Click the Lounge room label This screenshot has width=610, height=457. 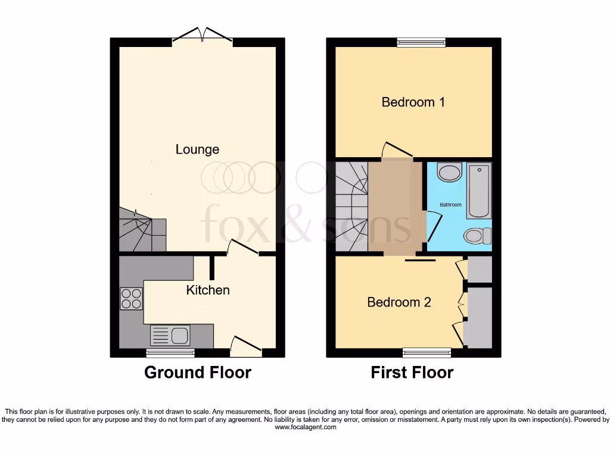(x=197, y=149)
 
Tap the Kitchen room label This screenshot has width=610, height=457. (x=208, y=290)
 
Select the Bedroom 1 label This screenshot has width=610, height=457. (x=413, y=102)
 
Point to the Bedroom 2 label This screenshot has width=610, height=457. (x=399, y=302)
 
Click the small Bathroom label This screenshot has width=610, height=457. (x=450, y=205)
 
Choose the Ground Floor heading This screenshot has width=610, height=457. (x=198, y=373)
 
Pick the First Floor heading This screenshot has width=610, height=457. (x=412, y=373)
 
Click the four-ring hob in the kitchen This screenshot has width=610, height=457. (x=131, y=299)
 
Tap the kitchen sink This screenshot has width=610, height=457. (x=170, y=336)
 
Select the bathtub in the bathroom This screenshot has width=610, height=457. (x=479, y=190)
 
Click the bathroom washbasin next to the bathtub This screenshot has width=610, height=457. (x=449, y=173)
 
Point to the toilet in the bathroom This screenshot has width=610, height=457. (x=478, y=236)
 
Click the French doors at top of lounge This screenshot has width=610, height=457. (x=203, y=36)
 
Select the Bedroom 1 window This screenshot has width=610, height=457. (x=421, y=42)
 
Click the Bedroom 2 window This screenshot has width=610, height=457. (x=427, y=353)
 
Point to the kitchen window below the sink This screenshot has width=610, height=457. (x=171, y=353)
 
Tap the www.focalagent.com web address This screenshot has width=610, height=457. (x=305, y=427)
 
